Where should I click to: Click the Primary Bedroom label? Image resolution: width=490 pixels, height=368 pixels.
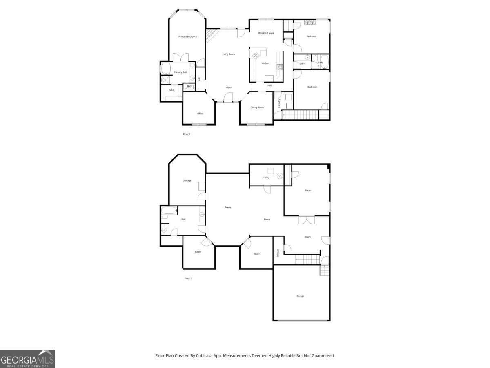tap(187, 37)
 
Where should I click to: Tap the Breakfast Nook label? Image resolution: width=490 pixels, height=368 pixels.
tap(266, 33)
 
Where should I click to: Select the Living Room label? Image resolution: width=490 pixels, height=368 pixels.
tap(229, 54)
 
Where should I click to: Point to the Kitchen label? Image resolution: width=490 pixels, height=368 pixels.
tap(265, 63)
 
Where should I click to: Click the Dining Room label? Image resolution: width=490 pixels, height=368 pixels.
tap(257, 108)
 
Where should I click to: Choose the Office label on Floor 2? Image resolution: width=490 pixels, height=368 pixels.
tap(200, 114)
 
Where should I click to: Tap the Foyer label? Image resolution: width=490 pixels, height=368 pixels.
tap(229, 88)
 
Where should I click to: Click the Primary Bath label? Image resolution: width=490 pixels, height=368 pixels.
tap(181, 72)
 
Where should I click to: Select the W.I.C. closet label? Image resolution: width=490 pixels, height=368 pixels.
tap(171, 90)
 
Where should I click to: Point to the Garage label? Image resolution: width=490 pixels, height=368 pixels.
tap(300, 296)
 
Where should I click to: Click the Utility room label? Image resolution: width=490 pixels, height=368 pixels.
tap(266, 178)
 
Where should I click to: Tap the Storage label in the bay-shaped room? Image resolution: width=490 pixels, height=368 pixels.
tap(187, 180)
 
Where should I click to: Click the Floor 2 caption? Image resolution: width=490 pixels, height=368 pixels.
tap(187, 134)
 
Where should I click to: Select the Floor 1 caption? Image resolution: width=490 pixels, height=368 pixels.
tap(188, 278)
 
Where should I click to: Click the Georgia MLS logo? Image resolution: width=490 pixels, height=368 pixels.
tap(27, 359)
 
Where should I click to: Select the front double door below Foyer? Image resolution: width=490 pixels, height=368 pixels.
tap(228, 97)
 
